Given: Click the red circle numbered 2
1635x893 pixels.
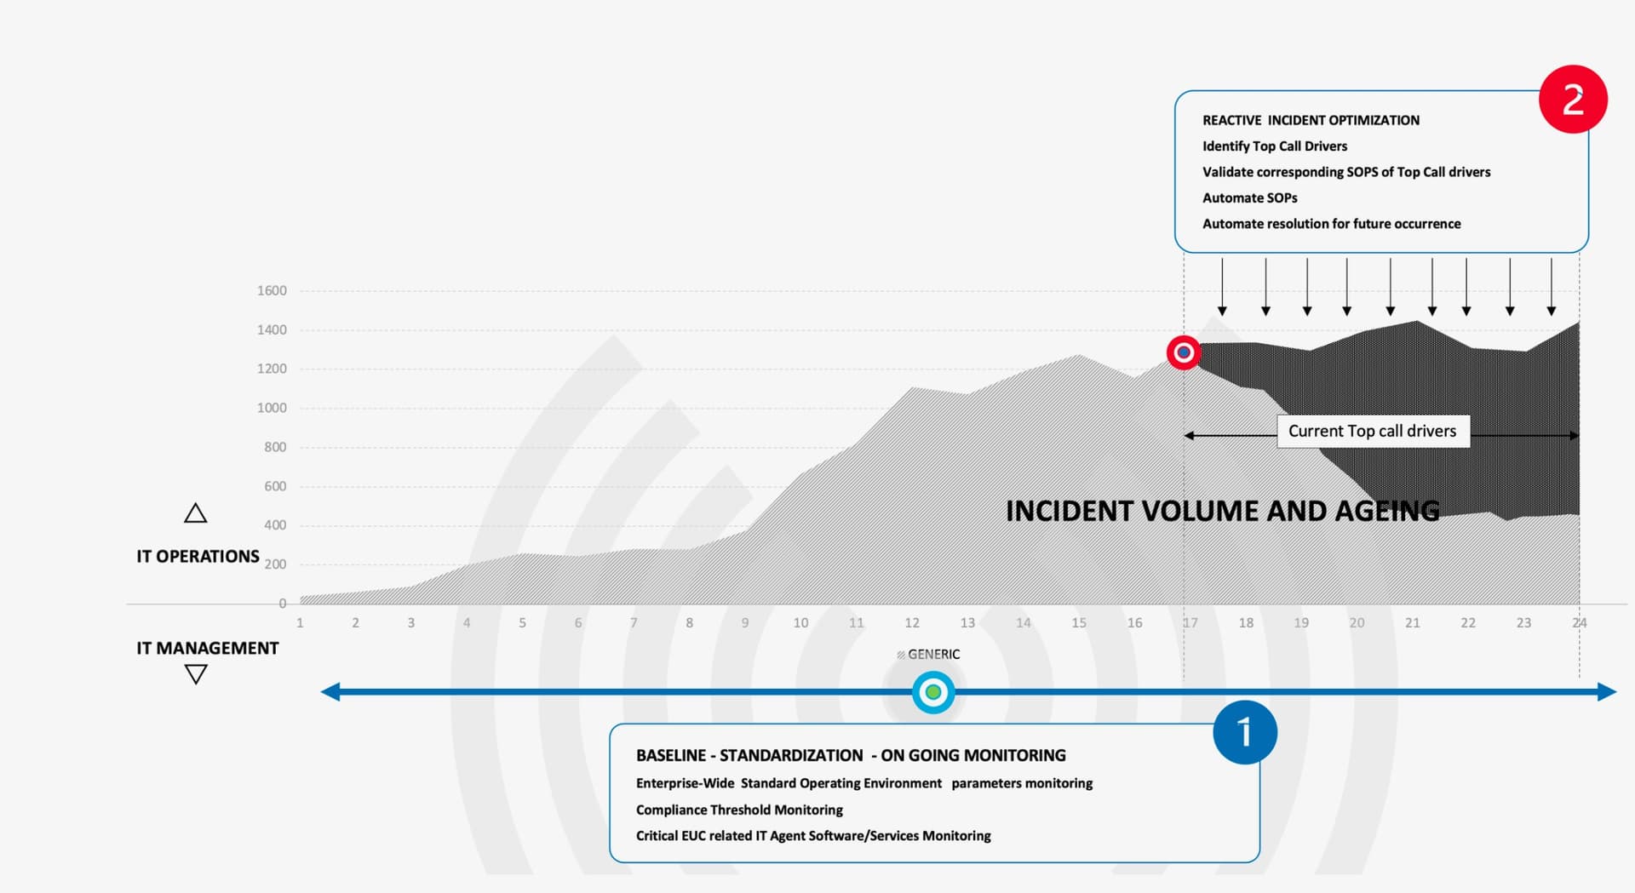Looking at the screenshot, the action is point(1573,99).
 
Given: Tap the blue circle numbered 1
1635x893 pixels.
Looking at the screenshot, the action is point(1245,732).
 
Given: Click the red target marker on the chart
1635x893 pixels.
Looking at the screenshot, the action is point(1184,352).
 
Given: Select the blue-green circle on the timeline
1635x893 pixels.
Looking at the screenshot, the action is point(933,692).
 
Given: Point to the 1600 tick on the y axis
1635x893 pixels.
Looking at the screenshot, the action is point(272,290).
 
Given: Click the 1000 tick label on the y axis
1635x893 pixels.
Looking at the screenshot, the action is point(272,408).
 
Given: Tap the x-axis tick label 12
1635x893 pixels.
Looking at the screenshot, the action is point(912,622).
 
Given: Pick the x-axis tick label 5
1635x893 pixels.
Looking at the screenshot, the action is point(522,622).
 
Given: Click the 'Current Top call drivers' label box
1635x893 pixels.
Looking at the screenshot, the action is point(1373,431).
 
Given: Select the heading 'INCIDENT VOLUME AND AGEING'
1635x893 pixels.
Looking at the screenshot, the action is point(1223,511).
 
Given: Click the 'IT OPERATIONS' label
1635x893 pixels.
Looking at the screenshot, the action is point(198,556).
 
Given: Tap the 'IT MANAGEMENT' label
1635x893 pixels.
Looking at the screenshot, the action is point(208,648).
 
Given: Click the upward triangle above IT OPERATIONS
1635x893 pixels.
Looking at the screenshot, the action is point(196,513).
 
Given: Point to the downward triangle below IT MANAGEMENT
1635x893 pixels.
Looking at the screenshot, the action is point(196,674).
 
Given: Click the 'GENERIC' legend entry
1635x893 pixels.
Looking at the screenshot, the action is point(928,654).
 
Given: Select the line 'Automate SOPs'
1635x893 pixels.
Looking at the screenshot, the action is point(1249,197).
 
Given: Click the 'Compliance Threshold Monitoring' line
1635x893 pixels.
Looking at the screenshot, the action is point(739,810).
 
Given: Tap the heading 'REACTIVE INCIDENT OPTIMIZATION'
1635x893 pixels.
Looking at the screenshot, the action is point(1311,120).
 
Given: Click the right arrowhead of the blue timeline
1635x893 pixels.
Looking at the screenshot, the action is point(1608,692).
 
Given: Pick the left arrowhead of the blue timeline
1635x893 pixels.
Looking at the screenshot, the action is point(330,692).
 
